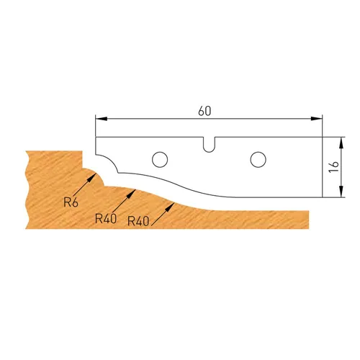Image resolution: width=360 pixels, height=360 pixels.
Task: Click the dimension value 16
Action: coord(333,165)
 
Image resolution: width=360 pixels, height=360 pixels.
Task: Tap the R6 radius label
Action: coord(71,202)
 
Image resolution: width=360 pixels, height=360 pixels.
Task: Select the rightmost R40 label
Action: coord(138,221)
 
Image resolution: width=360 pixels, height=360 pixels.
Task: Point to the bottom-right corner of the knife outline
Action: coord(321,198)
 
